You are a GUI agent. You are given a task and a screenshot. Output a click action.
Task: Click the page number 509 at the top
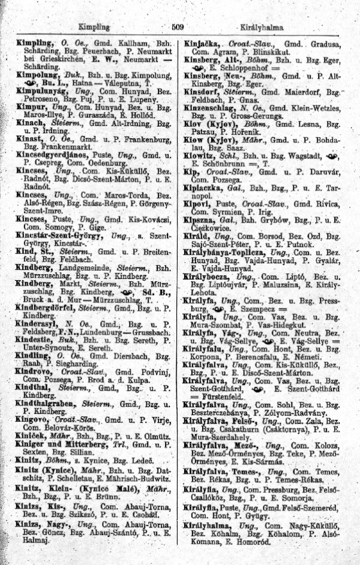177,27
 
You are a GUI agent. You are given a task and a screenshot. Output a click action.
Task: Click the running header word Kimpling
94,27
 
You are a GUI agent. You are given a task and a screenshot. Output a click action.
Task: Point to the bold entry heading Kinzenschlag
215,107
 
